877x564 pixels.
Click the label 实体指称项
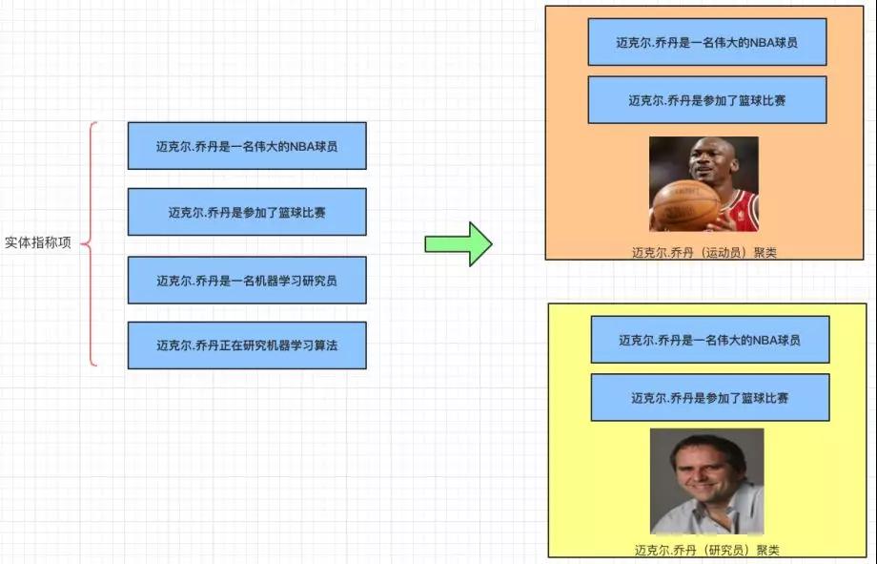pos(38,242)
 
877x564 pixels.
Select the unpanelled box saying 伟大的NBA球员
pos(247,146)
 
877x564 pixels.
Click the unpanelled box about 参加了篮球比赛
pos(247,212)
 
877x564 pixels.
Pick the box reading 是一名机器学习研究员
pos(247,280)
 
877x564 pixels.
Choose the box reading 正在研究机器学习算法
pos(247,345)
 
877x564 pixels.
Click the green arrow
pos(459,244)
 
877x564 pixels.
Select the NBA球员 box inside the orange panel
pos(707,42)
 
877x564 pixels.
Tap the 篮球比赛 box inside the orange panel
pos(707,99)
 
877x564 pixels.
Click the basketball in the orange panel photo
pos(686,205)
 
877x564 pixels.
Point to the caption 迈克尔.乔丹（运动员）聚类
pos(704,253)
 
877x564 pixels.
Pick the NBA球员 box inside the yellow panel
pos(710,340)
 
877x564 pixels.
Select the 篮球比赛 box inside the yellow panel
pos(710,398)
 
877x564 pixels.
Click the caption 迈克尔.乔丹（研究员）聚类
pos(707,550)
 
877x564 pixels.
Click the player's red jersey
pos(741,211)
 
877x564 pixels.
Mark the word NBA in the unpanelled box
pos(302,146)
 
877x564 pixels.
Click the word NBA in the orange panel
pos(762,43)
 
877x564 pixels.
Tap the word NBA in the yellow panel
pos(765,340)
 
